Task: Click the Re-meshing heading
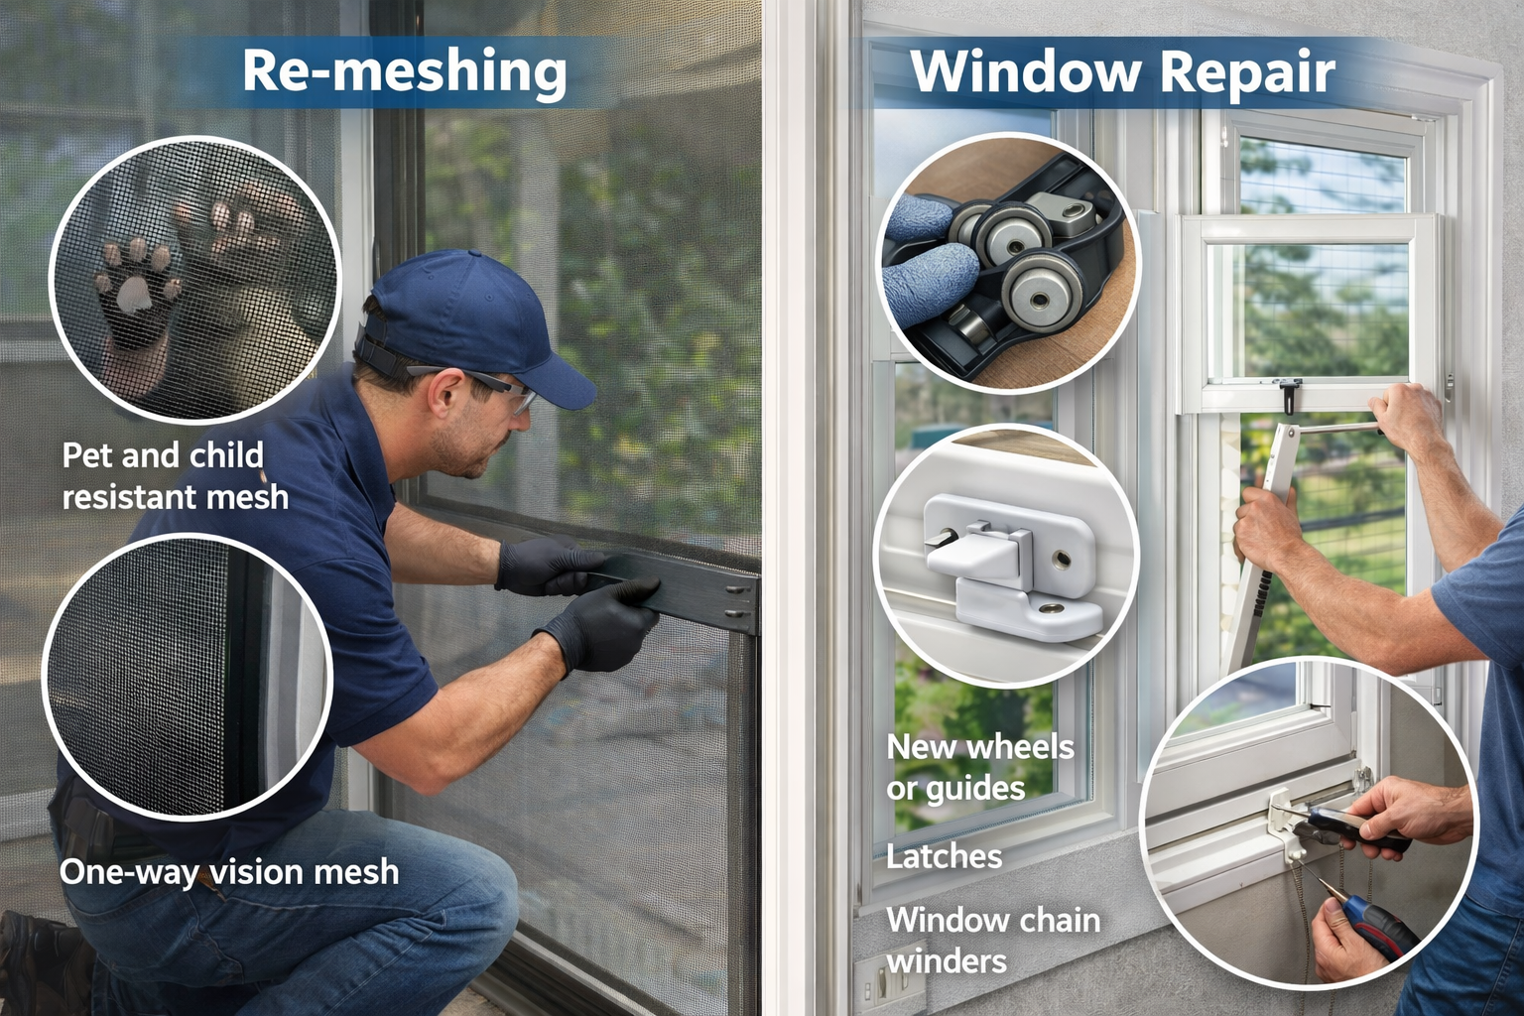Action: [404, 72]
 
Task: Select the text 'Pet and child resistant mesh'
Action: [175, 475]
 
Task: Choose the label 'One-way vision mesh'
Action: [229, 872]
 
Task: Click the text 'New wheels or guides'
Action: [979, 768]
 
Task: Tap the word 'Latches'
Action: [944, 857]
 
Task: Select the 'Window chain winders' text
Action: [992, 942]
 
